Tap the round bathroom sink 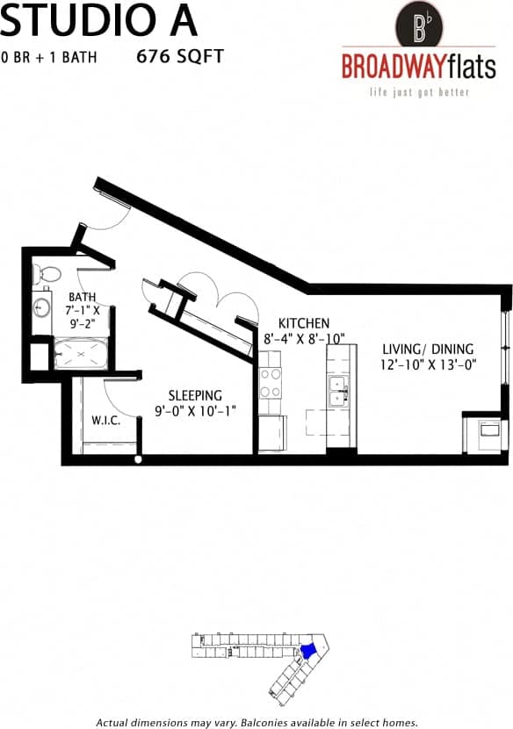[41, 308]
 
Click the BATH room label [83, 297]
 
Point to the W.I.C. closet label [105, 421]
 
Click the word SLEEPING [195, 395]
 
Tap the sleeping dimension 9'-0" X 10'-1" [195, 411]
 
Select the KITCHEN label [304, 322]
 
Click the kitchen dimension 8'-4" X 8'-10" [304, 338]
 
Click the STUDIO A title [98, 19]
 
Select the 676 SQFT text [180, 57]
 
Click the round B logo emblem [419, 24]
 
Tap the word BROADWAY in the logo [393, 67]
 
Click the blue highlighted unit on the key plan [308, 651]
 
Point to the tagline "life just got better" [418, 91]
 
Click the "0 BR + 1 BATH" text [48, 58]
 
